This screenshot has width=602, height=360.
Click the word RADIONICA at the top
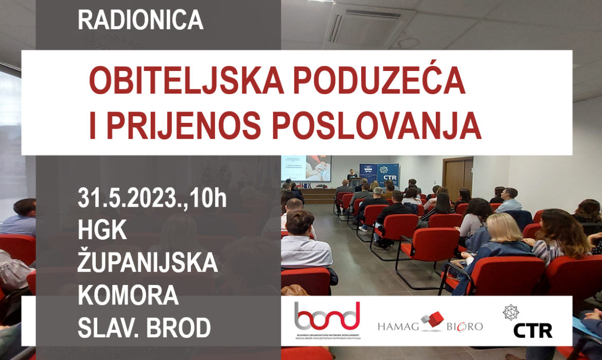coord(140,20)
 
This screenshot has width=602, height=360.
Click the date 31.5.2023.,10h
coord(152,199)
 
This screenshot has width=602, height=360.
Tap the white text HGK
coord(102,231)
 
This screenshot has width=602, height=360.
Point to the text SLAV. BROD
coord(144,328)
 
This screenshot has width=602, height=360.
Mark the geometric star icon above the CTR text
coord(510,311)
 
